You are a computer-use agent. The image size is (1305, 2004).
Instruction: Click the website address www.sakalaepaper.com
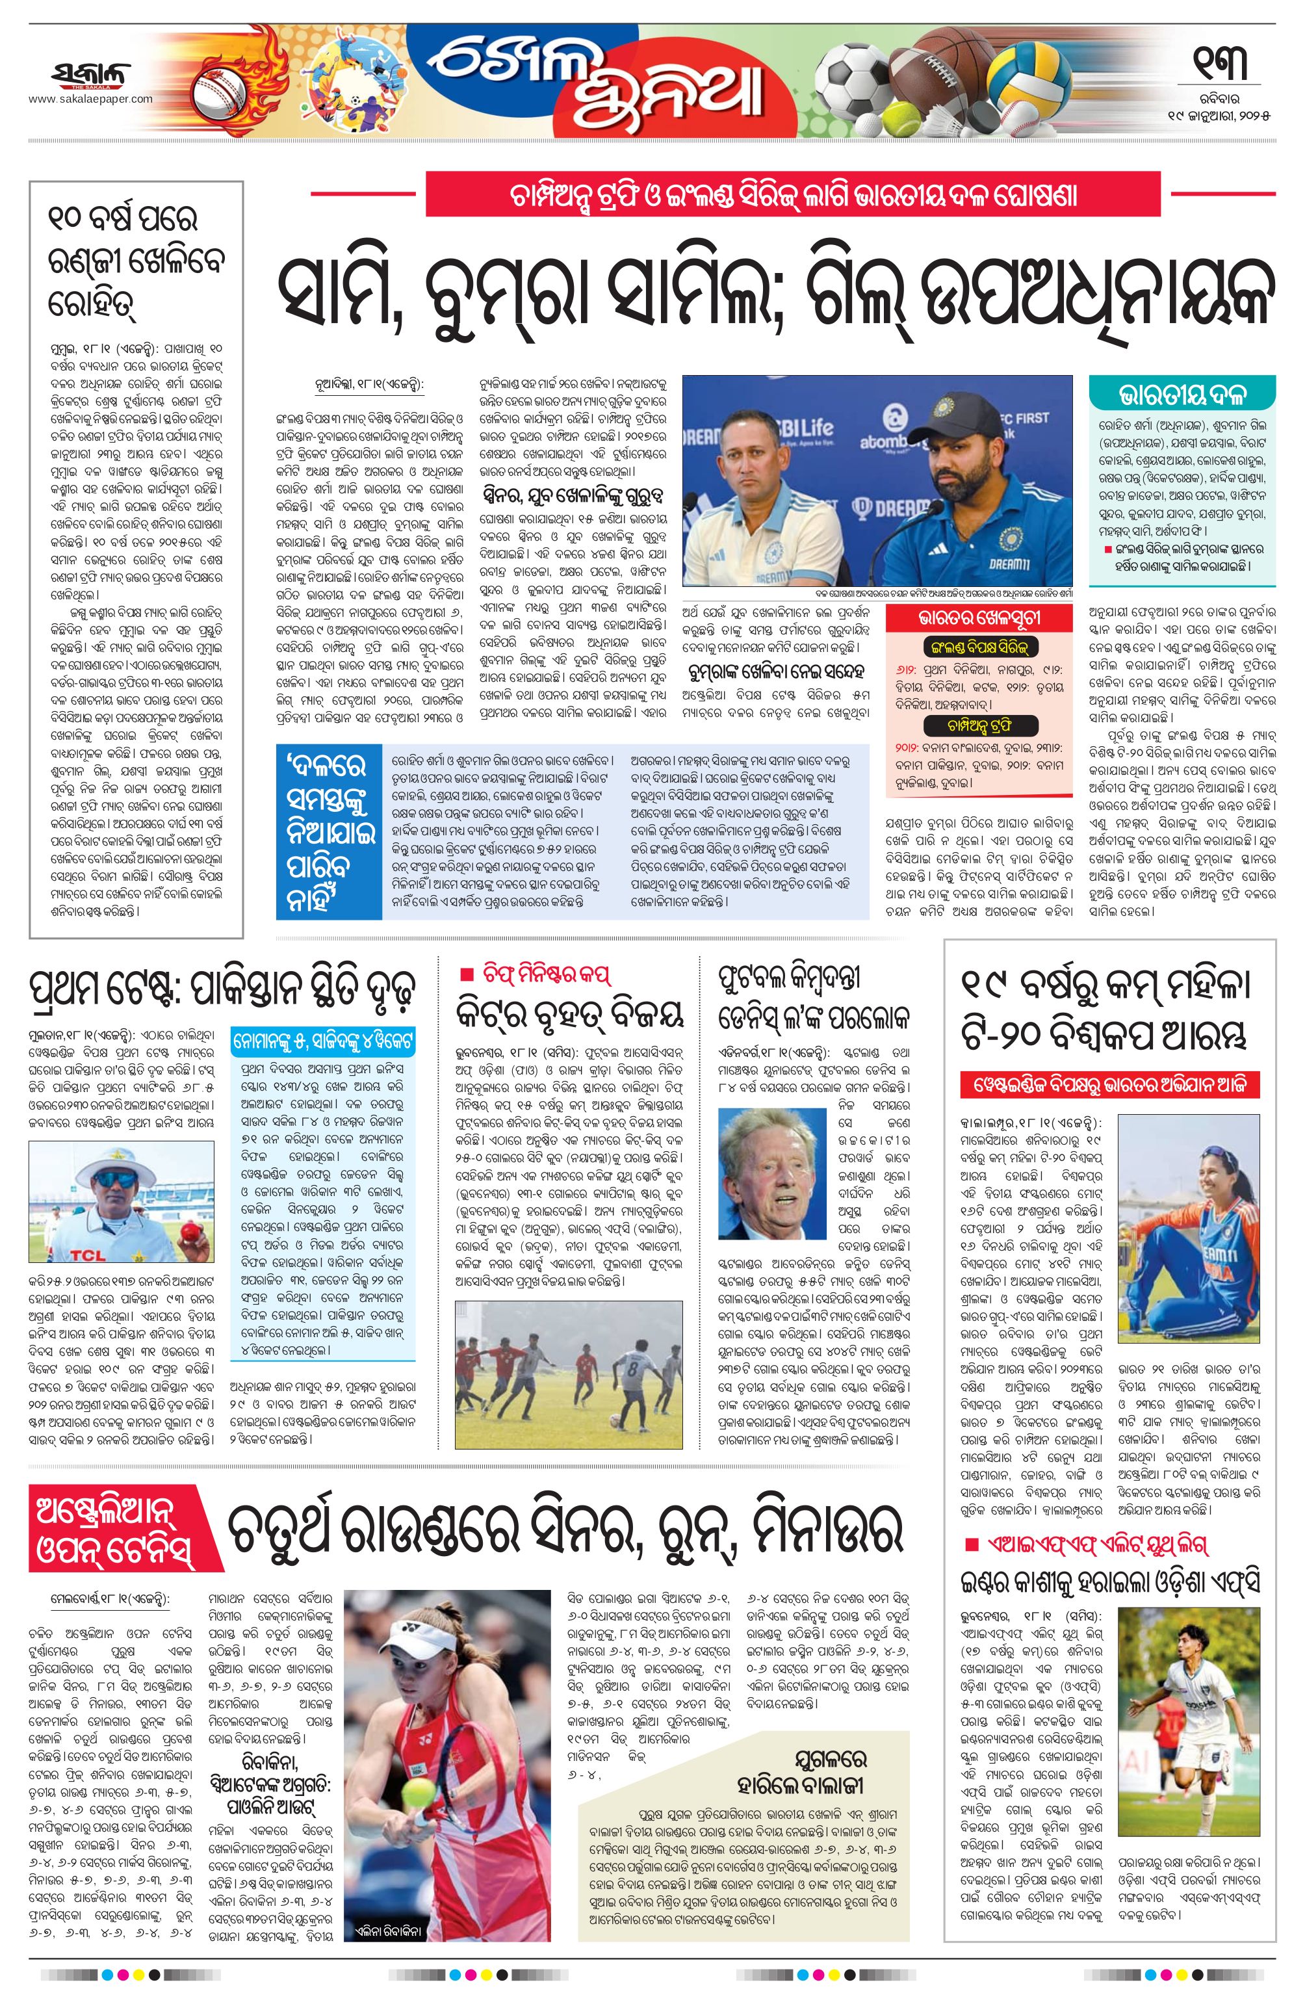coord(91,99)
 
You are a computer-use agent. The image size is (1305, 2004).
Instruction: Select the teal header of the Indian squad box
coord(1182,393)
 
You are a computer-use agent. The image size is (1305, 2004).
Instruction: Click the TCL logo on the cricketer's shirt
coord(86,1255)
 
